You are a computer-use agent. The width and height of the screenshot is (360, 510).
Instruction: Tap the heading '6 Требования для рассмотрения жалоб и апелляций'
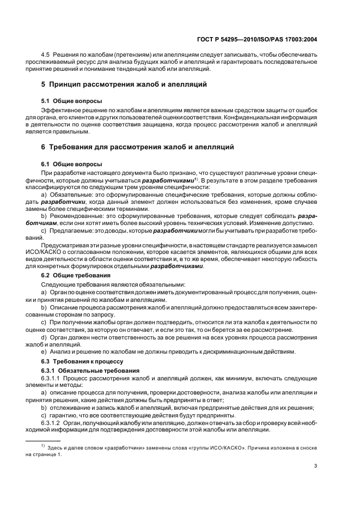coord(138,147)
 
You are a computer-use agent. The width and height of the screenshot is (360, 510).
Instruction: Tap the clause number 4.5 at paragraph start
coord(47,56)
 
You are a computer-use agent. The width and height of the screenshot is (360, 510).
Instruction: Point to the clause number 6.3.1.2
coord(52,423)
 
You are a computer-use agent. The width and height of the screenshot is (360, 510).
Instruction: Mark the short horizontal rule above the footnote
coord(44,440)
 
